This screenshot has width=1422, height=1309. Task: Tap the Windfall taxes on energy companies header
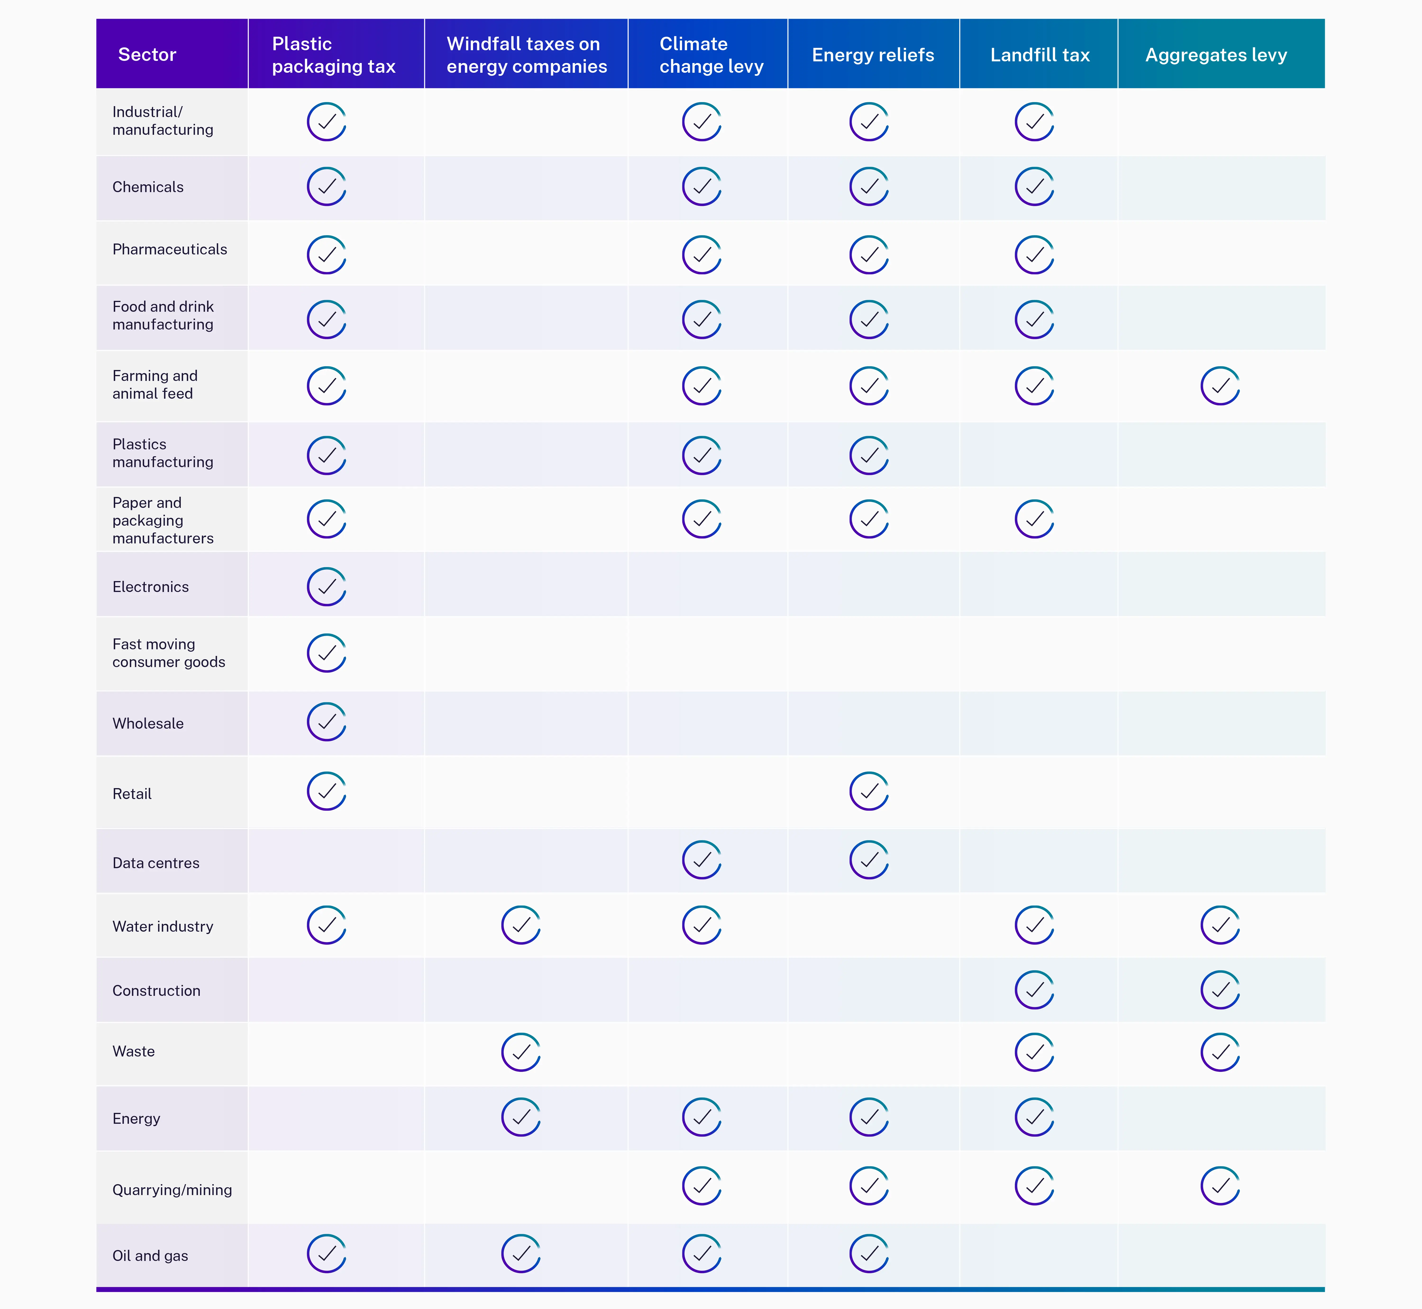(x=526, y=54)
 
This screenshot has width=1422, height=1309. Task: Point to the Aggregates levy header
(x=1216, y=54)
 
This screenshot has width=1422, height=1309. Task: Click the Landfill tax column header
(x=1039, y=54)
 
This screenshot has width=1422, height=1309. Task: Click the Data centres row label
(x=156, y=863)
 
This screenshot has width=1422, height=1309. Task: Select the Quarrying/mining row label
(x=172, y=1190)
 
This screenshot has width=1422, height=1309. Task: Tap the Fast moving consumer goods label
(x=169, y=653)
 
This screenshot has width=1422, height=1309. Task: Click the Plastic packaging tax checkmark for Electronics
(x=327, y=587)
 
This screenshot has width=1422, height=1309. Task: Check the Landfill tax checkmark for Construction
(x=1035, y=989)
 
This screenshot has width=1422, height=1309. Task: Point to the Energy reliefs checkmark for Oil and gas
(x=869, y=1254)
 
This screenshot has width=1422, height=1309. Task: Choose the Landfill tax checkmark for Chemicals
(x=1035, y=186)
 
